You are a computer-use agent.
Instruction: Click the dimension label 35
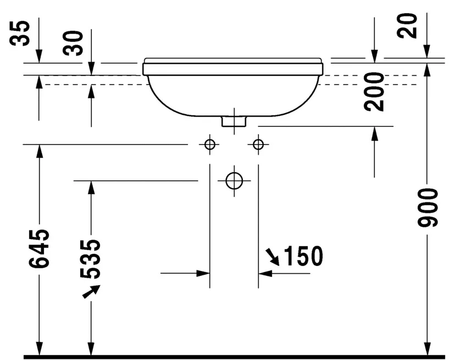click(20, 33)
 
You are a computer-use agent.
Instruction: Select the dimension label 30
click(73, 43)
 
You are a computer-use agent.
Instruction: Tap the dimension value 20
click(407, 25)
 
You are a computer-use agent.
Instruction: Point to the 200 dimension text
click(374, 92)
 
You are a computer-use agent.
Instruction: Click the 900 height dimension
click(428, 208)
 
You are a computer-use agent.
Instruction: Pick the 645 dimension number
click(39, 248)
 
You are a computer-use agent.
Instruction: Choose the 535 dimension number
click(91, 259)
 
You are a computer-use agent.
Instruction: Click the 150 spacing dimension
click(303, 256)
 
